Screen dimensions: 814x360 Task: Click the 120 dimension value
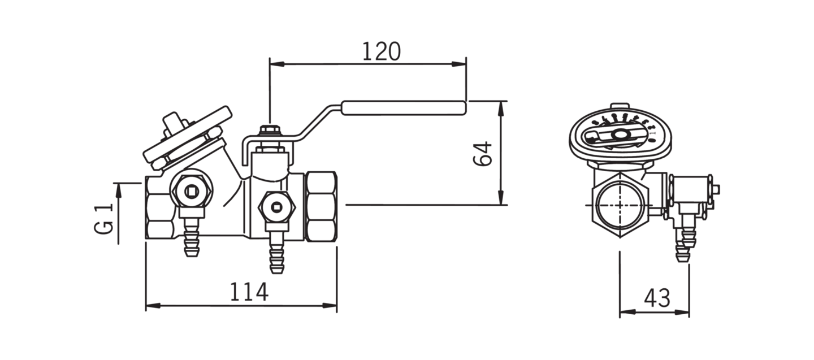[382, 51]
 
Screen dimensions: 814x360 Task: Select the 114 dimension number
[249, 292]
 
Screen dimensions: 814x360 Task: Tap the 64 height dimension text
[483, 154]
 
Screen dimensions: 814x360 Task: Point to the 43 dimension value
[657, 298]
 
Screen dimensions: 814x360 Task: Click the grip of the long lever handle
[404, 109]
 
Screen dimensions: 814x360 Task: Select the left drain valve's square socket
[191, 190]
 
